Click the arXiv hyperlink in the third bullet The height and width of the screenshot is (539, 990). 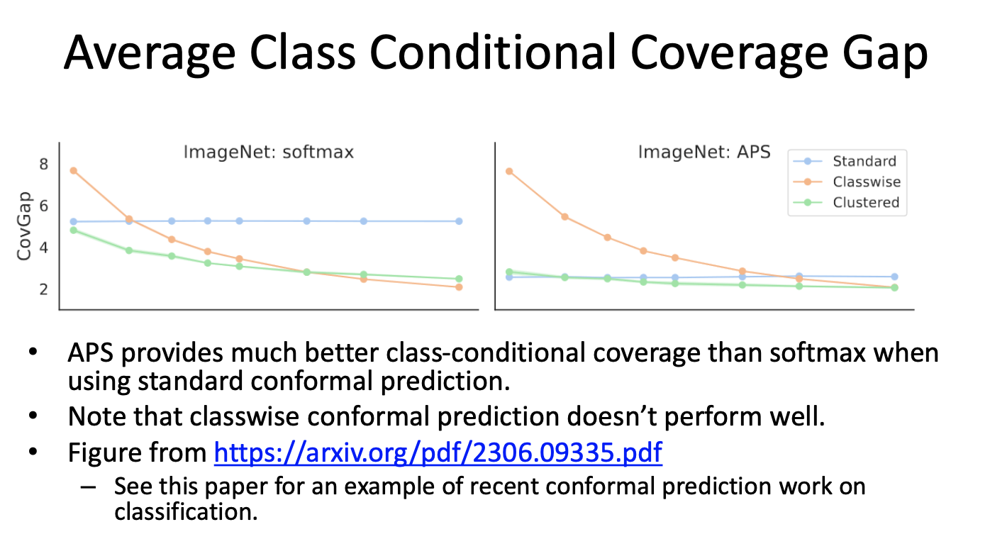(438, 452)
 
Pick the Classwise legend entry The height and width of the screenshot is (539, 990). (846, 182)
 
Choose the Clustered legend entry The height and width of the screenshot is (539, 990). (846, 203)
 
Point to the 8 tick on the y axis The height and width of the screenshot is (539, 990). (43, 165)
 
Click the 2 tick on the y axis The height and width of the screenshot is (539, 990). (43, 289)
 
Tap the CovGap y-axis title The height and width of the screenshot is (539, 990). (24, 226)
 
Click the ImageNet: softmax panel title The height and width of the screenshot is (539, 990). (269, 152)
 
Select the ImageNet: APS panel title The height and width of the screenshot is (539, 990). (704, 152)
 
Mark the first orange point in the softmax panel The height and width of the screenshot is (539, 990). (74, 171)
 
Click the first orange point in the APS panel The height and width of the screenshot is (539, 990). (509, 171)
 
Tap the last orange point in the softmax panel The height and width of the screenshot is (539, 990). (459, 287)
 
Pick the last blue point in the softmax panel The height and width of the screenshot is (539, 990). (459, 221)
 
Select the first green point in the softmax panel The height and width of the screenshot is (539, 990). (74, 230)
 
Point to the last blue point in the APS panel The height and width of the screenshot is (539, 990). (894, 277)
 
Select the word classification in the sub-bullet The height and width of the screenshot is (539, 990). (186, 512)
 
